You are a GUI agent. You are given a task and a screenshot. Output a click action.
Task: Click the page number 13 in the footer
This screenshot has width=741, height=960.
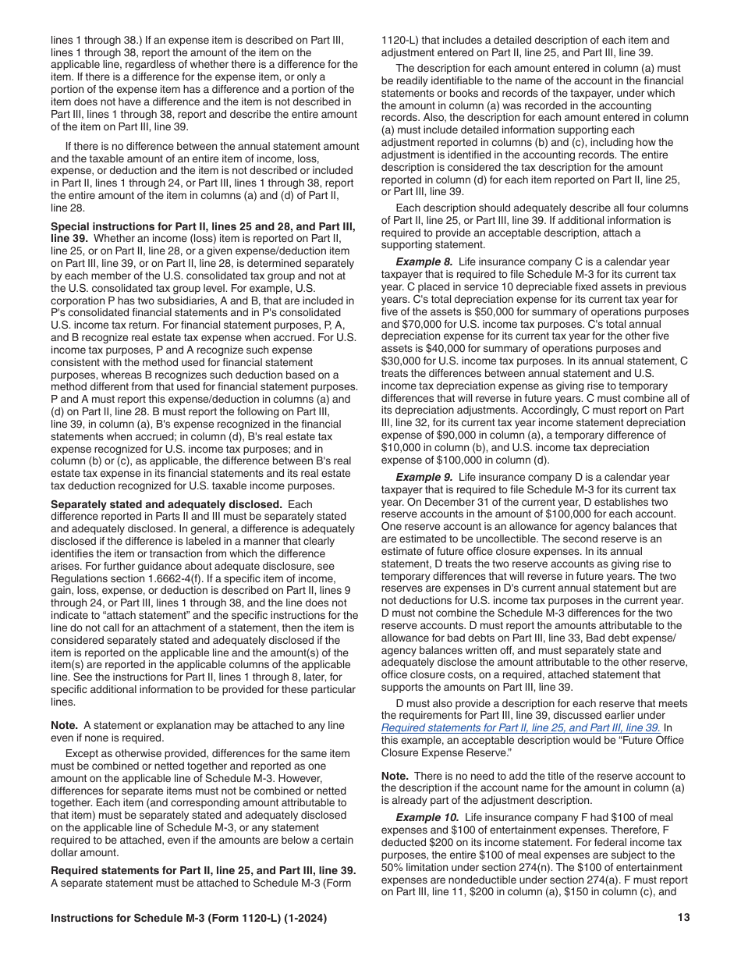(x=683, y=918)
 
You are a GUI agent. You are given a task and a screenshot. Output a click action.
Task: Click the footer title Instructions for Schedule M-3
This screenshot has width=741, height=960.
(x=189, y=918)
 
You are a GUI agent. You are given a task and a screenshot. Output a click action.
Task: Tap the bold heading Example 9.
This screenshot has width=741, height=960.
(x=424, y=477)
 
